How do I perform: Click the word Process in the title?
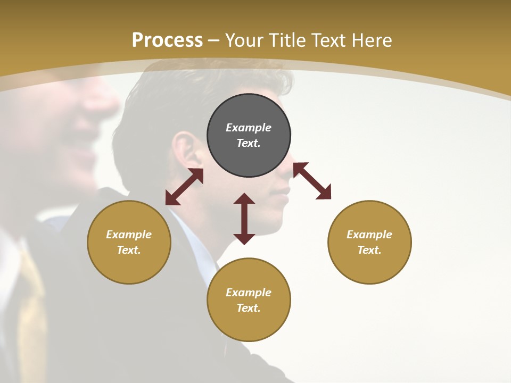[x=167, y=40]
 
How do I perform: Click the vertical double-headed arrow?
[x=244, y=219]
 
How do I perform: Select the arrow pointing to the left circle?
[x=184, y=187]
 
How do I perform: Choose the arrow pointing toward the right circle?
[x=312, y=181]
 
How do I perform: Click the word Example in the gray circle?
[x=249, y=128]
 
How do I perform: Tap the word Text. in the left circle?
[x=129, y=250]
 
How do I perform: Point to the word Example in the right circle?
[x=369, y=235]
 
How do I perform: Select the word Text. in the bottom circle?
[x=249, y=308]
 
